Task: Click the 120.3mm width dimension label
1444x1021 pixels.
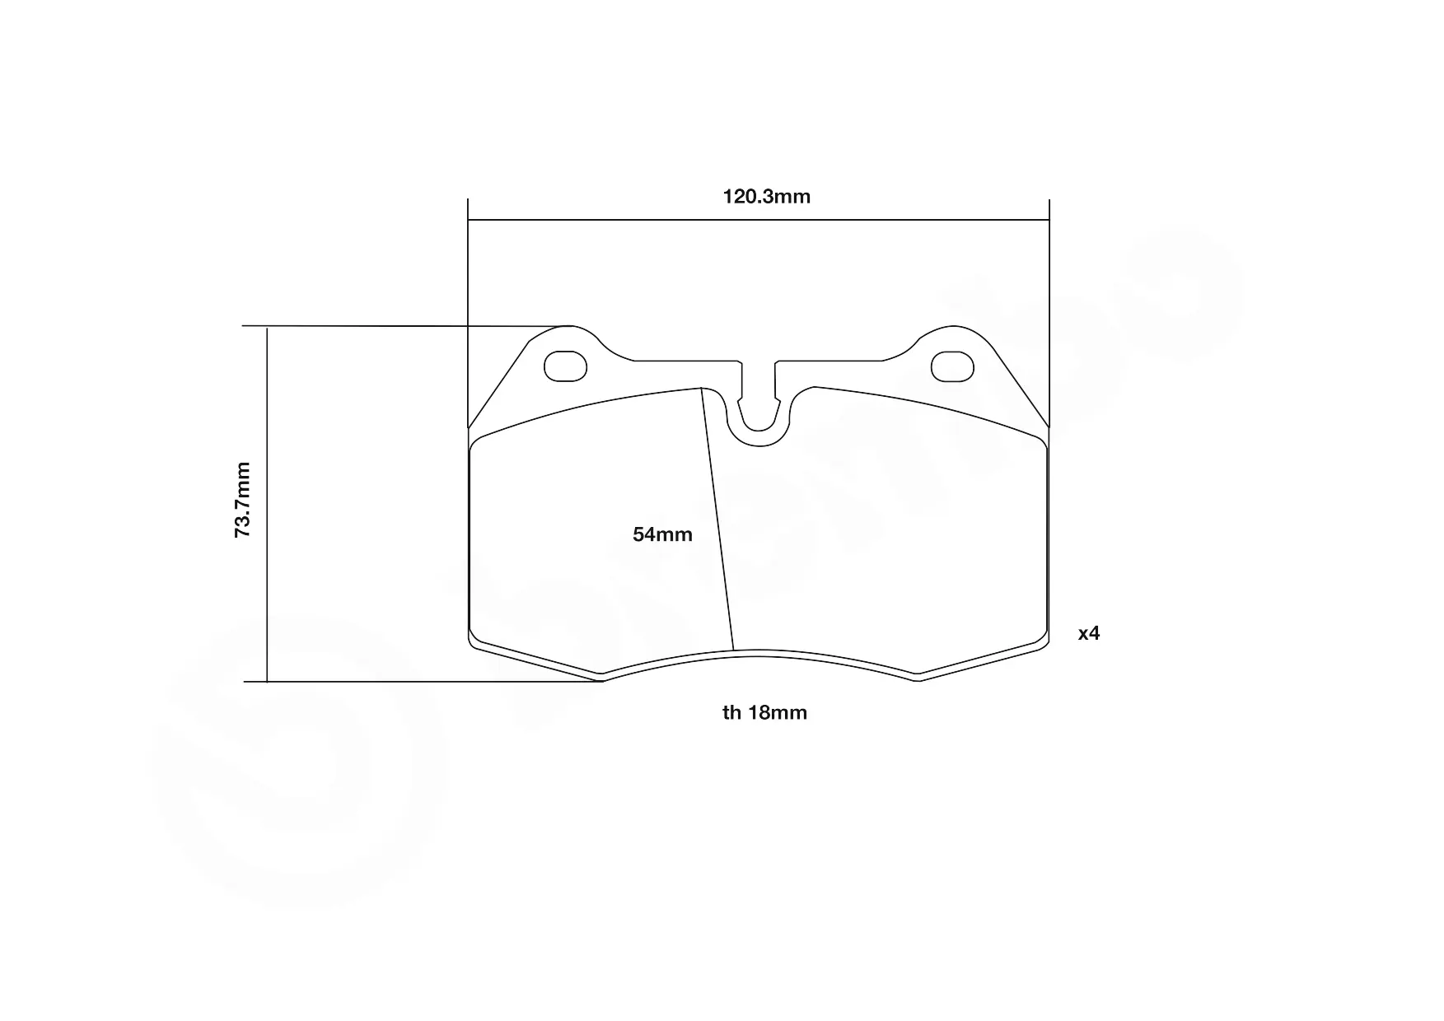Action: coord(766,197)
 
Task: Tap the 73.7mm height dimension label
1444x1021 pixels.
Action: coord(242,500)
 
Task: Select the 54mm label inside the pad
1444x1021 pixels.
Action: coord(662,534)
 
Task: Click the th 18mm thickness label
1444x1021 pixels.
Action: coord(764,713)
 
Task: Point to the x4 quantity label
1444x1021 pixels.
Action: coord(1089,633)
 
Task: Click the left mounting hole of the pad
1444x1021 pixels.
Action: coord(566,366)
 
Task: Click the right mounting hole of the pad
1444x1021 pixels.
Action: coord(952,366)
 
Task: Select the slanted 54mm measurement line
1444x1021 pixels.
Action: coord(717,519)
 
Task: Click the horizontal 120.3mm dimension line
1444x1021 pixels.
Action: coord(759,220)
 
